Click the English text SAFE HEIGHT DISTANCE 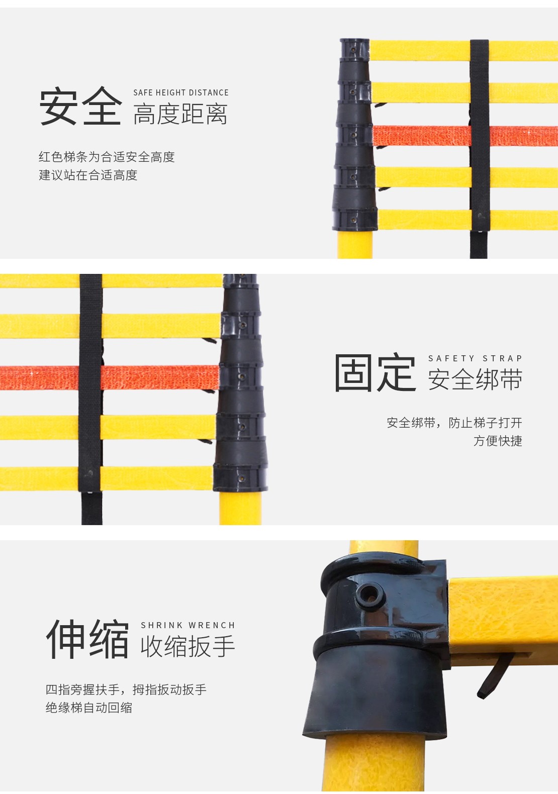tap(181, 92)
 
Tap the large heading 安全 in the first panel tap(80, 106)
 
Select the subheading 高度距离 tap(180, 114)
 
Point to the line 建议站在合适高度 tap(88, 175)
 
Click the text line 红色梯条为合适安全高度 tap(107, 157)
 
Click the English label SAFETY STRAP tap(475, 358)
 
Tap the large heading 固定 tap(375, 372)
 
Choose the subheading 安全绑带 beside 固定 tap(475, 379)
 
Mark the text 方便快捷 tap(498, 441)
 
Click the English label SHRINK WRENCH tap(188, 625)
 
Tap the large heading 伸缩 tap(87, 640)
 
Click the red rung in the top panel tap(464, 136)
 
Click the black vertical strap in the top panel tap(479, 149)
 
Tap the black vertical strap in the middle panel tap(91, 399)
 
